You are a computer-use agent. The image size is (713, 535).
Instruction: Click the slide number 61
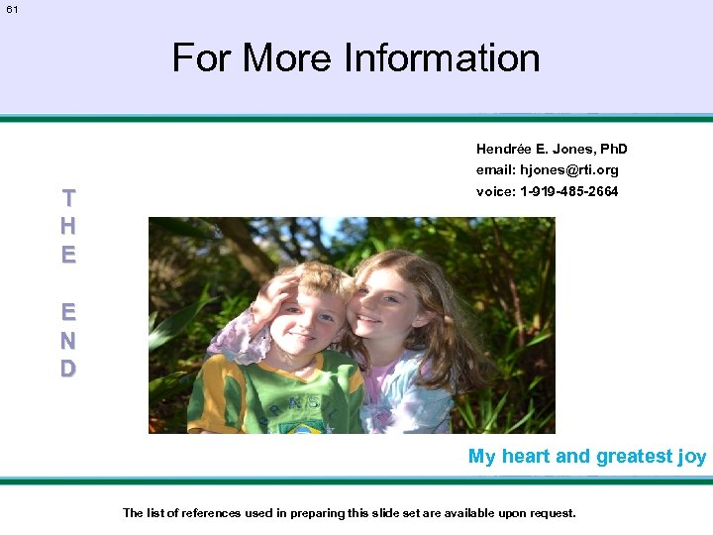coord(12,10)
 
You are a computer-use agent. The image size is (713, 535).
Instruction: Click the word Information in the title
coord(442,57)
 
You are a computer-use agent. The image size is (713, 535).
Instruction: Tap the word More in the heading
coord(288,57)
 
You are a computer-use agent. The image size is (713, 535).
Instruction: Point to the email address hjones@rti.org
coord(569,170)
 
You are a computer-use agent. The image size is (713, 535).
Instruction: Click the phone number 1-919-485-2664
coord(568,191)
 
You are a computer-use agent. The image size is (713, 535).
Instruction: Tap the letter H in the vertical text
coord(67,226)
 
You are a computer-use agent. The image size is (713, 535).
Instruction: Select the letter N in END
coord(67,340)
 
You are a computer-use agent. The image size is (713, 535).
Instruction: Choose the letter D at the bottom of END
coord(67,369)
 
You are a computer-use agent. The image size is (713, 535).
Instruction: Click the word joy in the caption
coord(692,457)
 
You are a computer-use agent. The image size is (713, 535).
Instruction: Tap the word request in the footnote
coord(550,513)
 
